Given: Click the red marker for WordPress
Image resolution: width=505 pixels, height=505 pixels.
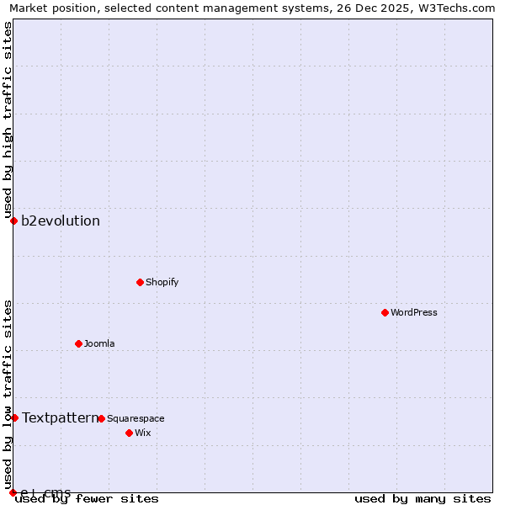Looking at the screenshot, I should click(385, 312).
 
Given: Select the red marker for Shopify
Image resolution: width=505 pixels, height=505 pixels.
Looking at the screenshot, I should click(140, 282).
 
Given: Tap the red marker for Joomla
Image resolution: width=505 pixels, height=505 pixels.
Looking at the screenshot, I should click(78, 343).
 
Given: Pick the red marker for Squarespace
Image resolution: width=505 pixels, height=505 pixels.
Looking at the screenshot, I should click(101, 418).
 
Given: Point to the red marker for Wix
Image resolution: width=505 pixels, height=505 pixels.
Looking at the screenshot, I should click(129, 433).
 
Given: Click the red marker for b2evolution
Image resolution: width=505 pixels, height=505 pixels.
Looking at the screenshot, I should click(13, 221).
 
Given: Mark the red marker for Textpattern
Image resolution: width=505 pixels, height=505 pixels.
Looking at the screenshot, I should click(14, 417).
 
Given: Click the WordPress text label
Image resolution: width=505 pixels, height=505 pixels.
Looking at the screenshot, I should click(414, 312).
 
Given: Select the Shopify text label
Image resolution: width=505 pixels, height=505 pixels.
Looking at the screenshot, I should click(162, 282).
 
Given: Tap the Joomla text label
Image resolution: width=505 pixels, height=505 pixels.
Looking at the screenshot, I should click(99, 343).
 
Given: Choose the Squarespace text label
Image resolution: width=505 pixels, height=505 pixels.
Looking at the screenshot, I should click(136, 418).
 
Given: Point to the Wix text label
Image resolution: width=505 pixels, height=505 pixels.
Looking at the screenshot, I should click(142, 433).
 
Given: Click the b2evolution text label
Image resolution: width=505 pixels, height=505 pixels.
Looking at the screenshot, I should click(61, 221).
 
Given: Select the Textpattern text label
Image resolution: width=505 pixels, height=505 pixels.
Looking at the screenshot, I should click(60, 417).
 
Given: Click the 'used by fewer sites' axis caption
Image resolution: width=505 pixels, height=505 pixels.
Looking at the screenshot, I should click(88, 498).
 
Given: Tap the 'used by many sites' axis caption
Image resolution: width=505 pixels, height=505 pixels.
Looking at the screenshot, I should click(423, 498).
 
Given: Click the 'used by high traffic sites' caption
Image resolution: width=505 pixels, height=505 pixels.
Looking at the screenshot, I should click(8, 120).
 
